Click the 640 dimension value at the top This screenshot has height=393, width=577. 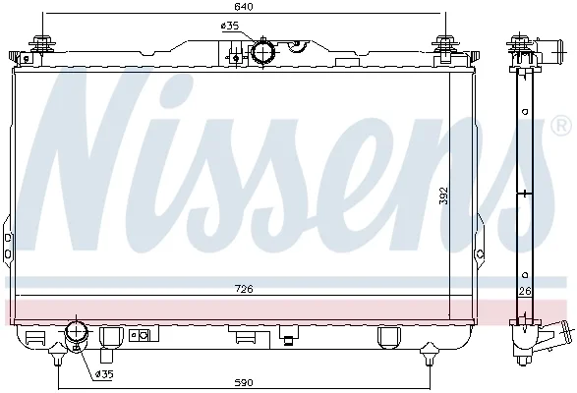pos(244,7)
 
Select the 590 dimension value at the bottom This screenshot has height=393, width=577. pos(244,383)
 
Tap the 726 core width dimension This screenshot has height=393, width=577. pos(244,289)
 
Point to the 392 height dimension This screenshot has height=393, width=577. pos(444,196)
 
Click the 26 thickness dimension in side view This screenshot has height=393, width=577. pos(525,292)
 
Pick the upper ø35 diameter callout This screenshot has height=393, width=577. pos(230,26)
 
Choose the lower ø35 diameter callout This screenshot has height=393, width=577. pos(104,374)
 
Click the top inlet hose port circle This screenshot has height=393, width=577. pos(262,53)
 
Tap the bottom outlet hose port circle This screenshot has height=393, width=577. pos(76,331)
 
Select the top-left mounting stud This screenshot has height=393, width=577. pos(42,46)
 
